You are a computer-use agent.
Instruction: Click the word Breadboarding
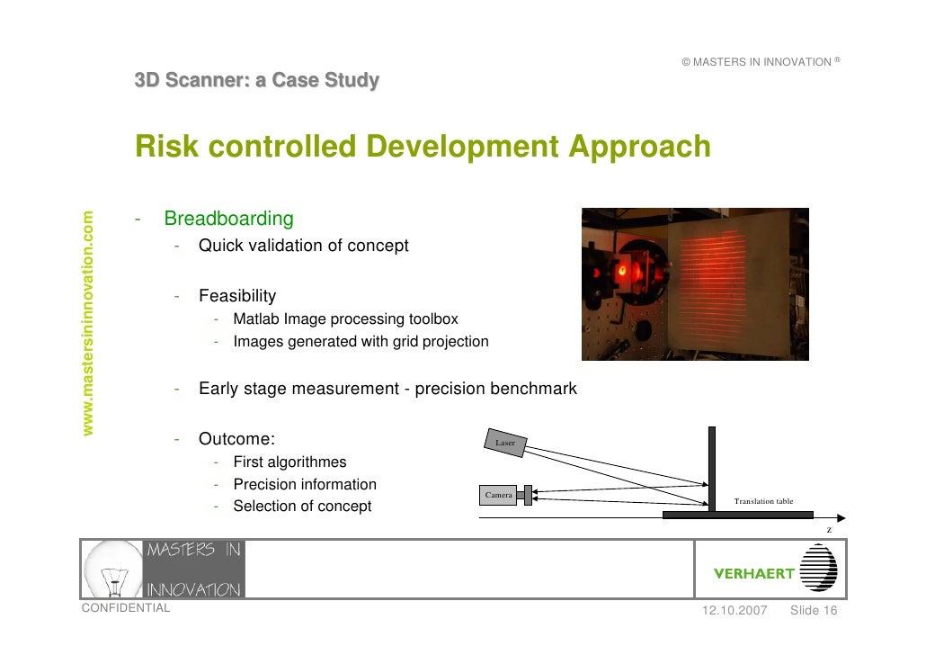point(228,219)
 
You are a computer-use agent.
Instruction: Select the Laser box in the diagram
point(505,443)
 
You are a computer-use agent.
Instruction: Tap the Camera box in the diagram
point(498,495)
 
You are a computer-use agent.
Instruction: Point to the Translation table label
point(763,501)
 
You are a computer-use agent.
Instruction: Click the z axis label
point(829,530)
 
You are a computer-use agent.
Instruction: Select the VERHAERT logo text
point(753,573)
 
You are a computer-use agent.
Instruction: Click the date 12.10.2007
point(734,611)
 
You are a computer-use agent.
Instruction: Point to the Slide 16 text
point(814,611)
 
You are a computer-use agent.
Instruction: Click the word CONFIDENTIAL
point(125,608)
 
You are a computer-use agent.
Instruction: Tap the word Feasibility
point(237,296)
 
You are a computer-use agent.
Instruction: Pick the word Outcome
point(235,439)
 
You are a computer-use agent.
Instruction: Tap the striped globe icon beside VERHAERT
point(818,569)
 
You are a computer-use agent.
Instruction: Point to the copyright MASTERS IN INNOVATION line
point(760,62)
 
